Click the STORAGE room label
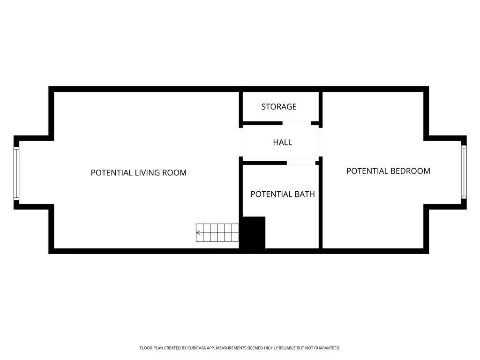(279, 106)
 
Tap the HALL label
(283, 142)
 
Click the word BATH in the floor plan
(304, 194)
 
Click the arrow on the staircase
(198, 232)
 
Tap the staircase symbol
(217, 232)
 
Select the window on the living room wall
(16, 173)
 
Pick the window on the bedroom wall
(464, 172)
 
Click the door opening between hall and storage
(297, 123)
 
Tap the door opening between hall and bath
(301, 163)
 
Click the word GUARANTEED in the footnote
(328, 348)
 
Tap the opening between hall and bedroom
(321, 142)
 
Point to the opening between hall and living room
(241, 142)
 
